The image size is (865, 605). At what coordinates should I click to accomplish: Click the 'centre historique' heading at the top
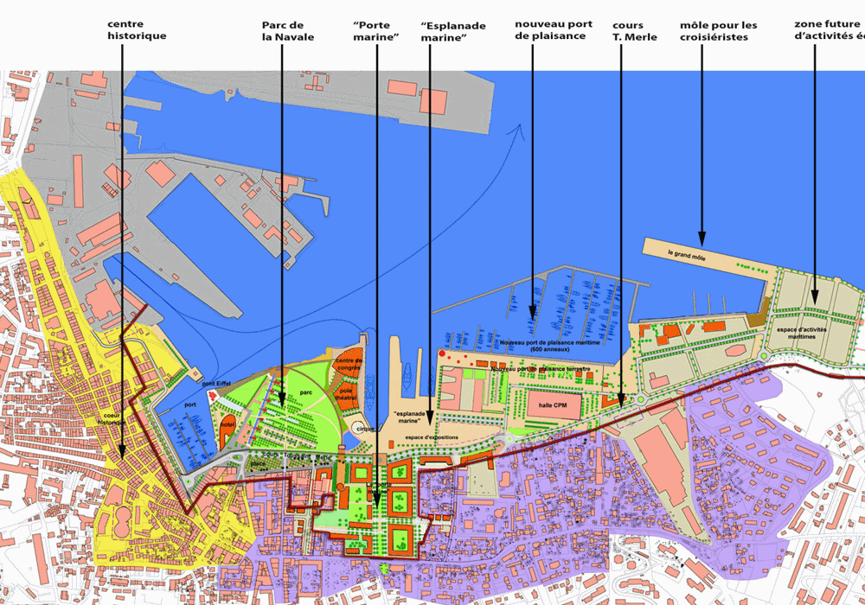[x=137, y=30]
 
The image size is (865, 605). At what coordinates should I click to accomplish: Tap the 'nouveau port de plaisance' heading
[x=553, y=30]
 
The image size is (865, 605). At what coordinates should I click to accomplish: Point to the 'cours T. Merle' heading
[x=634, y=30]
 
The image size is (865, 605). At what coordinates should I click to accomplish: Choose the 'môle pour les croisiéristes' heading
[x=718, y=30]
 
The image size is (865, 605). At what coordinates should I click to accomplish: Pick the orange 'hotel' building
[x=227, y=427]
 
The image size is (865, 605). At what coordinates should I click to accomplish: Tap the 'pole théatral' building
[x=347, y=394]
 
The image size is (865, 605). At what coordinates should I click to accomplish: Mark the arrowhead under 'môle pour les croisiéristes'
[x=702, y=236]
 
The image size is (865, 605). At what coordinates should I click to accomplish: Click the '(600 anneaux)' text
[x=554, y=349]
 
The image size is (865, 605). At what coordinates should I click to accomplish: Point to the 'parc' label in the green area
[x=305, y=391]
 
